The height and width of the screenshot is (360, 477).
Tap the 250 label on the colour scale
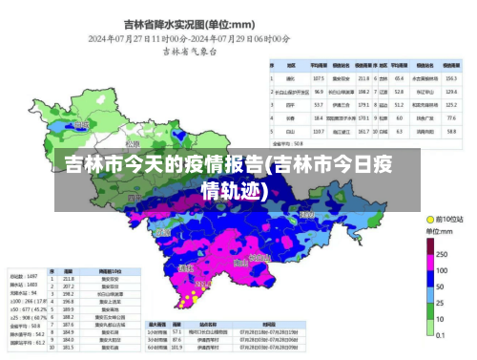click(442, 254)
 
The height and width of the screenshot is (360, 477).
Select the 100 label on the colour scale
click(442, 271)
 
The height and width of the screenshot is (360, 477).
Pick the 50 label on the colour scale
click(440, 287)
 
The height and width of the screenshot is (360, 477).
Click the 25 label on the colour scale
click(440, 304)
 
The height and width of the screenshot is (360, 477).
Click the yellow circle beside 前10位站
click(427, 220)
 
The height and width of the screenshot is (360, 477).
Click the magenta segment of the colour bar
click(428, 263)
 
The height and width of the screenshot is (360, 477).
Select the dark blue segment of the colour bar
click(428, 279)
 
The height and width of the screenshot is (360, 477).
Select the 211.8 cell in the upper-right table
click(363, 77)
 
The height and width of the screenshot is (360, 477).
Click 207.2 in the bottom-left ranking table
click(69, 286)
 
